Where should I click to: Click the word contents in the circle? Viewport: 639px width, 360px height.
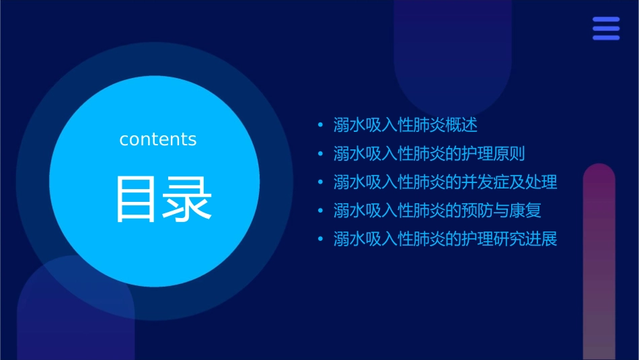pyautogui.click(x=158, y=139)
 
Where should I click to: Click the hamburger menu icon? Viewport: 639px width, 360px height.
pyautogui.click(x=606, y=28)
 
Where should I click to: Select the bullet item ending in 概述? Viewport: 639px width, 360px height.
pyautogui.click(x=405, y=125)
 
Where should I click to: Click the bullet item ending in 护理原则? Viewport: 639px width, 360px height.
pyautogui.click(x=428, y=153)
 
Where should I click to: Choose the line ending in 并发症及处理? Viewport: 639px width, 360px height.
pyautogui.click(x=445, y=182)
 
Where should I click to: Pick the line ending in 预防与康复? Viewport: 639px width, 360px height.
pyautogui.click(x=437, y=211)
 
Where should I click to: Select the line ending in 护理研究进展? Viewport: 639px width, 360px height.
pyautogui.click(x=445, y=239)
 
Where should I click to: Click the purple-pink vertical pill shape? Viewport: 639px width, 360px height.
pyautogui.click(x=599, y=262)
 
